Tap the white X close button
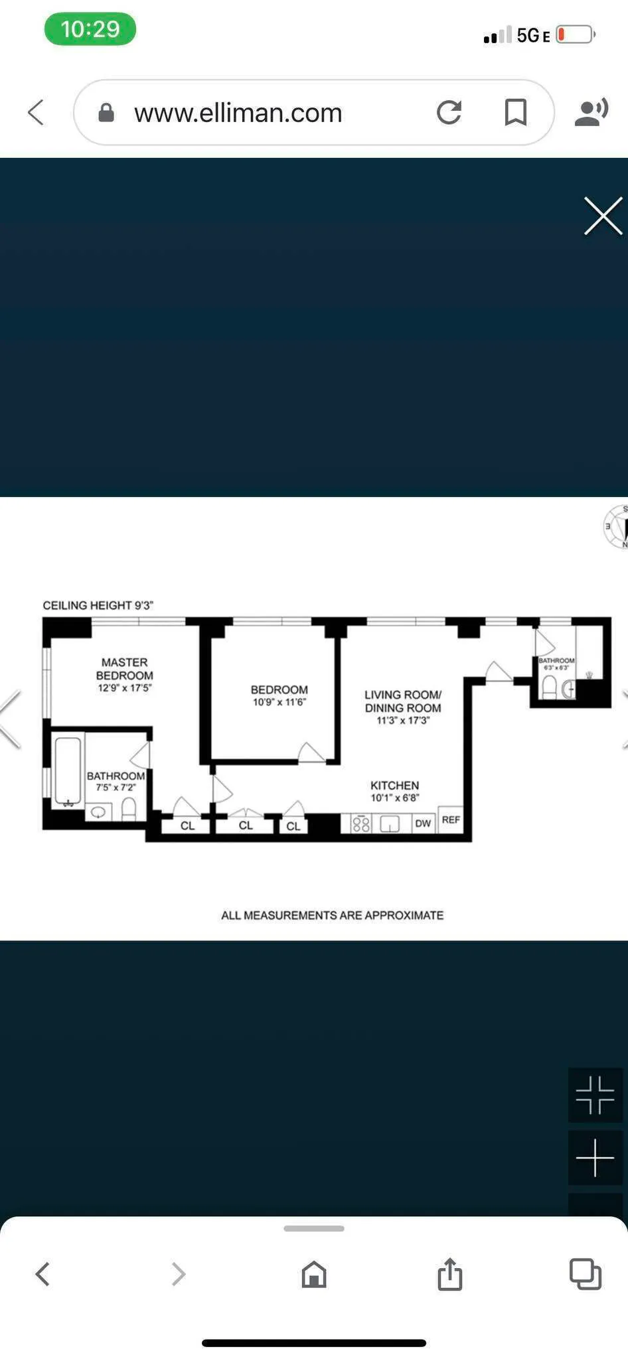pyautogui.click(x=603, y=216)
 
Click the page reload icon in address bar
pyautogui.click(x=449, y=112)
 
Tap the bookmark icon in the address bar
pyautogui.click(x=515, y=112)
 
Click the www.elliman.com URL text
pyautogui.click(x=238, y=113)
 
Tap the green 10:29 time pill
pyautogui.click(x=90, y=29)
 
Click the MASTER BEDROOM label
pyautogui.click(x=124, y=668)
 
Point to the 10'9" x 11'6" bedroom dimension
pyautogui.click(x=279, y=702)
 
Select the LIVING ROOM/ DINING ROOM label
pyautogui.click(x=402, y=701)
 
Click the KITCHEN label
pyautogui.click(x=394, y=785)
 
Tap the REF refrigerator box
pyautogui.click(x=451, y=820)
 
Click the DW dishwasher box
pyautogui.click(x=423, y=823)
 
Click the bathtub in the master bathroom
pyautogui.click(x=68, y=770)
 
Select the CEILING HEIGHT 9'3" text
pyautogui.click(x=98, y=605)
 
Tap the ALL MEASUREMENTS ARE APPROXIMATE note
pyautogui.click(x=332, y=915)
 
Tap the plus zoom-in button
pyautogui.click(x=595, y=1157)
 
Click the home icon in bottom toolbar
pyautogui.click(x=314, y=1274)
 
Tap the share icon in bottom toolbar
pyautogui.click(x=449, y=1274)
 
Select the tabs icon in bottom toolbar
pyautogui.click(x=585, y=1274)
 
